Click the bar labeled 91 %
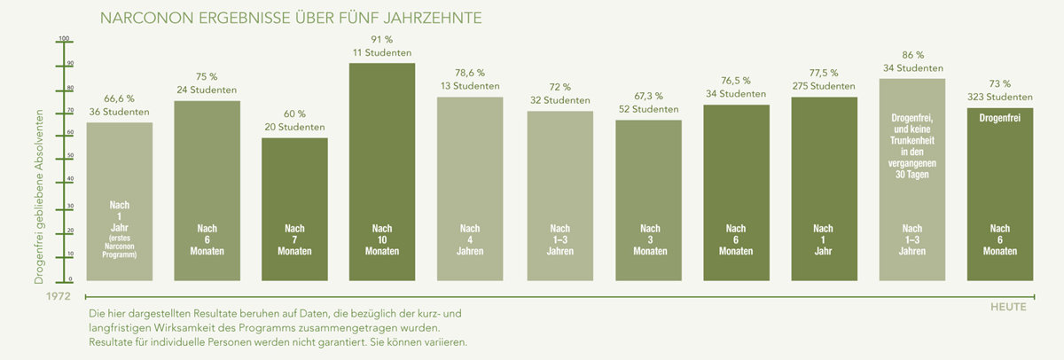(382, 160)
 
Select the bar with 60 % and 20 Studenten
(294, 177)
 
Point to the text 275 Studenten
(824, 86)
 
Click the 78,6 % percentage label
(470, 72)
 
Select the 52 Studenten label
(647, 109)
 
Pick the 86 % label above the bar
(912, 54)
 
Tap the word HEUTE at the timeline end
(1008, 307)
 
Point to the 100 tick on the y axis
(64, 39)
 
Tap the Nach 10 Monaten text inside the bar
(382, 239)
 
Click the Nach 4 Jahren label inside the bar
(470, 239)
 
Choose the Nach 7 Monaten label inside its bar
(294, 239)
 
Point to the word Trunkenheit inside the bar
(912, 141)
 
